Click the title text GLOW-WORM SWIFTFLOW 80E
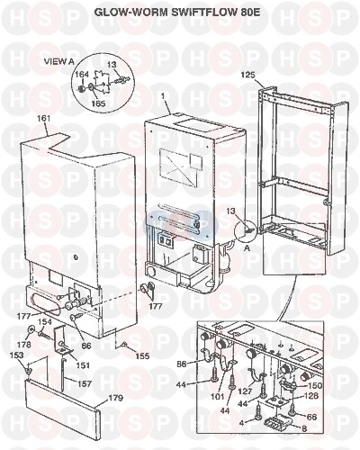tap(176, 12)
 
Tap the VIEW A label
tap(58, 61)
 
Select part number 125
tap(247, 75)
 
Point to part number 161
tap(43, 119)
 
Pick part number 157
tap(85, 383)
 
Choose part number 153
tap(16, 355)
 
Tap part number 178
tap(23, 344)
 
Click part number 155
tap(142, 355)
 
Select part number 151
tap(83, 365)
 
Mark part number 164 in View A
tap(82, 74)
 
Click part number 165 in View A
tap(98, 103)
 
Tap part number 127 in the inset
tap(246, 392)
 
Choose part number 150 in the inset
tap(314, 385)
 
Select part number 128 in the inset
tap(310, 396)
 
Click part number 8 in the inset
tap(304, 429)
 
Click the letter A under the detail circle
tap(247, 248)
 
